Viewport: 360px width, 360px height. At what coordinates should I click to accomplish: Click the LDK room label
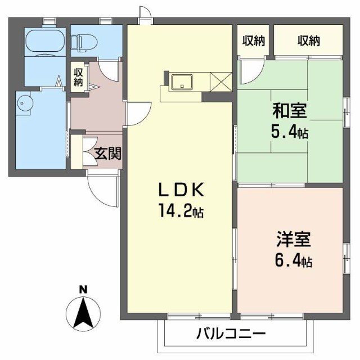(181, 190)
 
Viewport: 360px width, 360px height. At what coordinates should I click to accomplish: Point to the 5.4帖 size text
(290, 132)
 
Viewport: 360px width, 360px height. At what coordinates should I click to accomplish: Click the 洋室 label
(294, 239)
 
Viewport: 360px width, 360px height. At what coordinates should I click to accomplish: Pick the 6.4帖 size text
(294, 260)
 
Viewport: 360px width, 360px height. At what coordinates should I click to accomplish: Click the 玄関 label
(108, 153)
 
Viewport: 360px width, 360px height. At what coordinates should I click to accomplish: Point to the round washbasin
(25, 103)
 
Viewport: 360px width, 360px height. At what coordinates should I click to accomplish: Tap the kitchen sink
(182, 82)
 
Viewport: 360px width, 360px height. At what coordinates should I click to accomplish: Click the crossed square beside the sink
(221, 82)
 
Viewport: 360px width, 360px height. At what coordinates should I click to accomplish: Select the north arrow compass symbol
(83, 314)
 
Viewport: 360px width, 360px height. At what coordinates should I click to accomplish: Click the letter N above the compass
(83, 290)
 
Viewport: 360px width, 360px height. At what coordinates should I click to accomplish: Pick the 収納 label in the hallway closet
(78, 77)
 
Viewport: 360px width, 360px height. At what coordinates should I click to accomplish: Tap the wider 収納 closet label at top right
(309, 41)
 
